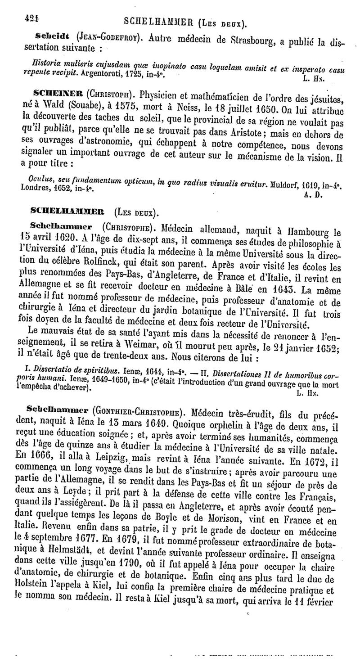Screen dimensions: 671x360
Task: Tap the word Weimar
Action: coord(153,347)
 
